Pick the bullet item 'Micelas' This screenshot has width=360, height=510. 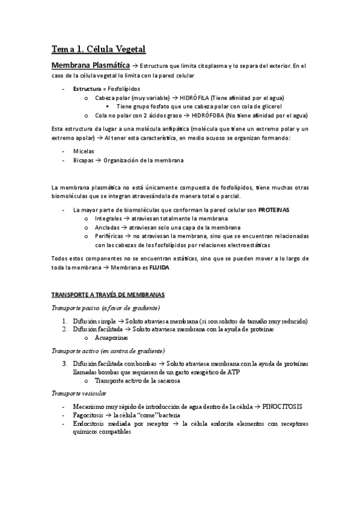click(84, 152)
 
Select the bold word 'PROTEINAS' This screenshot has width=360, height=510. click(274, 210)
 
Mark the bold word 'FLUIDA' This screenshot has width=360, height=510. click(159, 268)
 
